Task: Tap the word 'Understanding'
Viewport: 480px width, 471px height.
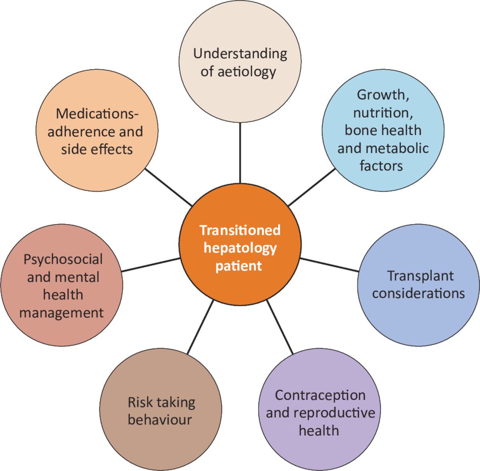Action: click(240, 54)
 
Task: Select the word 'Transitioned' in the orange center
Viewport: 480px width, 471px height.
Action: click(240, 230)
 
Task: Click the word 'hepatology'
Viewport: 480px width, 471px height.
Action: click(240, 248)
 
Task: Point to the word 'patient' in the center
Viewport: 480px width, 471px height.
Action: click(239, 265)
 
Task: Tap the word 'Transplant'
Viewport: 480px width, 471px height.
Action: click(420, 275)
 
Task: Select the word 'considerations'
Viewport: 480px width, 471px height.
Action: click(418, 293)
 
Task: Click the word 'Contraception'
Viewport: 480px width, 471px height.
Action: click(320, 395)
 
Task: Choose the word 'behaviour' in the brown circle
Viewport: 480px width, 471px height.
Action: click(160, 420)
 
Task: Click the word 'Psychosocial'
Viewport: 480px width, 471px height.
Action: click(63, 259)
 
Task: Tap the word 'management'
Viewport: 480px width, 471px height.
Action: click(62, 312)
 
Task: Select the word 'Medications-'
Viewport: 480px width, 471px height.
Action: click(97, 114)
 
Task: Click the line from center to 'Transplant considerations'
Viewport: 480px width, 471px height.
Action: click(329, 265)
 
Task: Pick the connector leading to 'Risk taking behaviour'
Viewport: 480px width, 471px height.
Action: click(200, 327)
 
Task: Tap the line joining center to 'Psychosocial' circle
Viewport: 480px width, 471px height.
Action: click(151, 265)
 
